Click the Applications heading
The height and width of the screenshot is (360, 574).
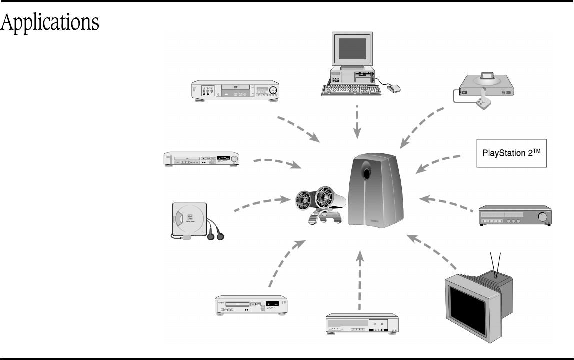(x=50, y=23)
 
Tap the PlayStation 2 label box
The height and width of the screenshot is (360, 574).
(x=511, y=153)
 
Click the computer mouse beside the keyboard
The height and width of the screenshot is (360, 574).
(x=394, y=88)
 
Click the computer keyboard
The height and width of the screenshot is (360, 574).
(x=352, y=90)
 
